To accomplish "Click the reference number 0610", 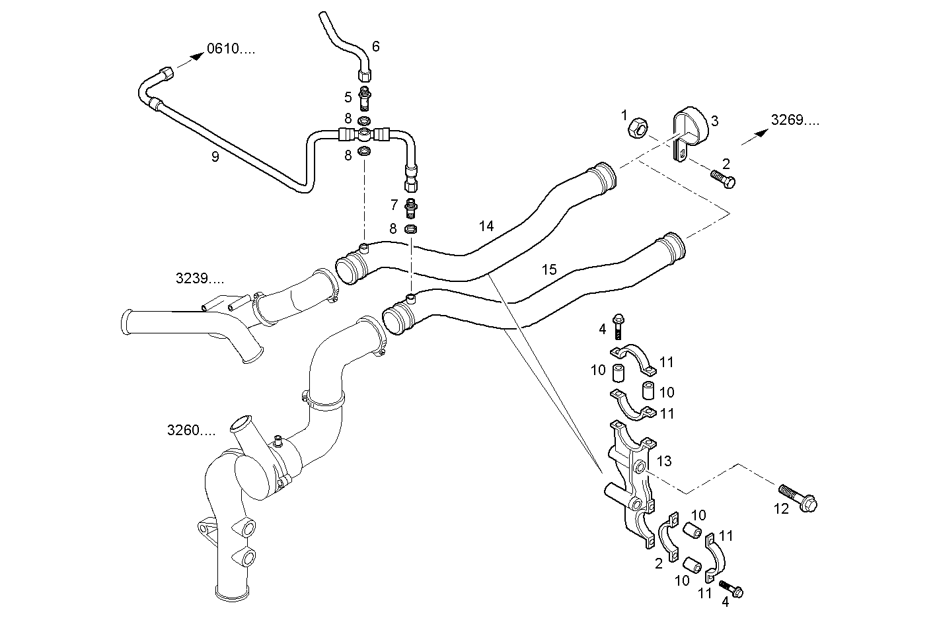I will pyautogui.click(x=230, y=48).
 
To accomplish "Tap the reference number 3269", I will pyautogui.click(x=795, y=120).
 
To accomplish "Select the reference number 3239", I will pyautogui.click(x=199, y=279).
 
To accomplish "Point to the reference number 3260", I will pyautogui.click(x=191, y=431).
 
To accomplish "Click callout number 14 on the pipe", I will pyautogui.click(x=486, y=226).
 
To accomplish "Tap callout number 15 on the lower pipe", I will pyautogui.click(x=549, y=269).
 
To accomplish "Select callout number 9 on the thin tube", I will pyautogui.click(x=215, y=156).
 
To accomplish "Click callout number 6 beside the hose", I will pyautogui.click(x=376, y=46).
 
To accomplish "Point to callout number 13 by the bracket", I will pyautogui.click(x=664, y=461).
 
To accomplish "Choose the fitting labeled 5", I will pyautogui.click(x=364, y=98).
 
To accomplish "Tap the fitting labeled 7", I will pyautogui.click(x=411, y=207).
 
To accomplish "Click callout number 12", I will pyautogui.click(x=782, y=510).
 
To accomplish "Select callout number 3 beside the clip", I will pyautogui.click(x=714, y=121).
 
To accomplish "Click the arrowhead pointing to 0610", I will pyautogui.click(x=196, y=57).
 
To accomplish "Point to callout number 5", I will pyautogui.click(x=348, y=98).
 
